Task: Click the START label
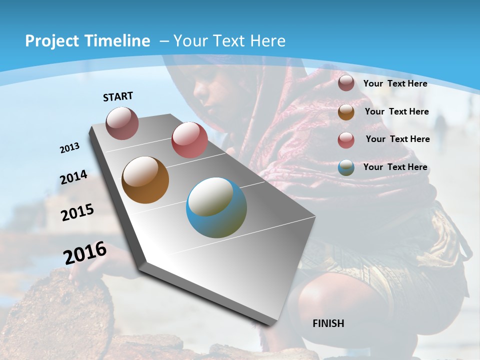coord(118,96)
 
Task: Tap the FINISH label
coord(328,323)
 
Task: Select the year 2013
coord(70,148)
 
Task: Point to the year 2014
coord(74,177)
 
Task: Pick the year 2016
coord(85,252)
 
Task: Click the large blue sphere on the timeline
coord(216,207)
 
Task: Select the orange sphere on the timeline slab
coord(145,180)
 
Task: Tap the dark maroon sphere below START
coord(122,123)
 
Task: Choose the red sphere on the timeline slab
coord(189,140)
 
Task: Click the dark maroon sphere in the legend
coord(346,83)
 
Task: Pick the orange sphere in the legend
coord(346,112)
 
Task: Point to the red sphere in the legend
coord(346,139)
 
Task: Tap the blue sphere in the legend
coord(346,167)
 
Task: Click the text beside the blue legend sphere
coord(395,167)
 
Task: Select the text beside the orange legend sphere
coord(396,111)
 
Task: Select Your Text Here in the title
coord(229,41)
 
